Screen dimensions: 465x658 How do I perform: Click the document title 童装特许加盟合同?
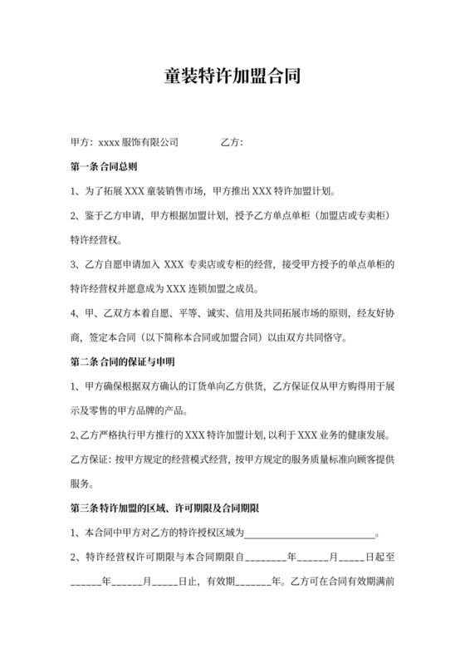(x=232, y=77)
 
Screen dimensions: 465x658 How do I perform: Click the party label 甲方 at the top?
(x=81, y=142)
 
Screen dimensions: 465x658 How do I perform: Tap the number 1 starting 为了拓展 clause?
(x=75, y=191)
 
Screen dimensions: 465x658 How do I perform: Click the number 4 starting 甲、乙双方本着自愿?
(x=75, y=313)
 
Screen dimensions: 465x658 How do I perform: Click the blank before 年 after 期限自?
(x=265, y=558)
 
